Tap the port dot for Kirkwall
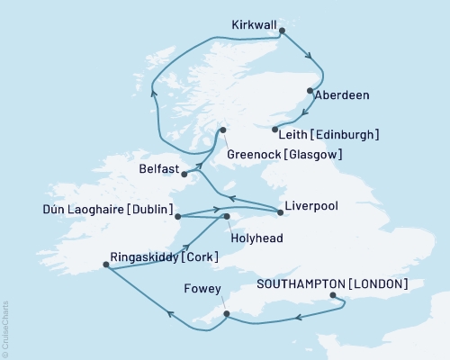[x=283, y=31]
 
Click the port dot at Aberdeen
[x=310, y=91]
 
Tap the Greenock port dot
[x=223, y=133]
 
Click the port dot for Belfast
[x=184, y=174]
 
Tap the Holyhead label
[x=256, y=241]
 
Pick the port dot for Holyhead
[x=227, y=217]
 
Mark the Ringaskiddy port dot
[x=107, y=265]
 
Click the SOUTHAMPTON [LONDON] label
[x=333, y=283]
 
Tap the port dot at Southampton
[x=332, y=295]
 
